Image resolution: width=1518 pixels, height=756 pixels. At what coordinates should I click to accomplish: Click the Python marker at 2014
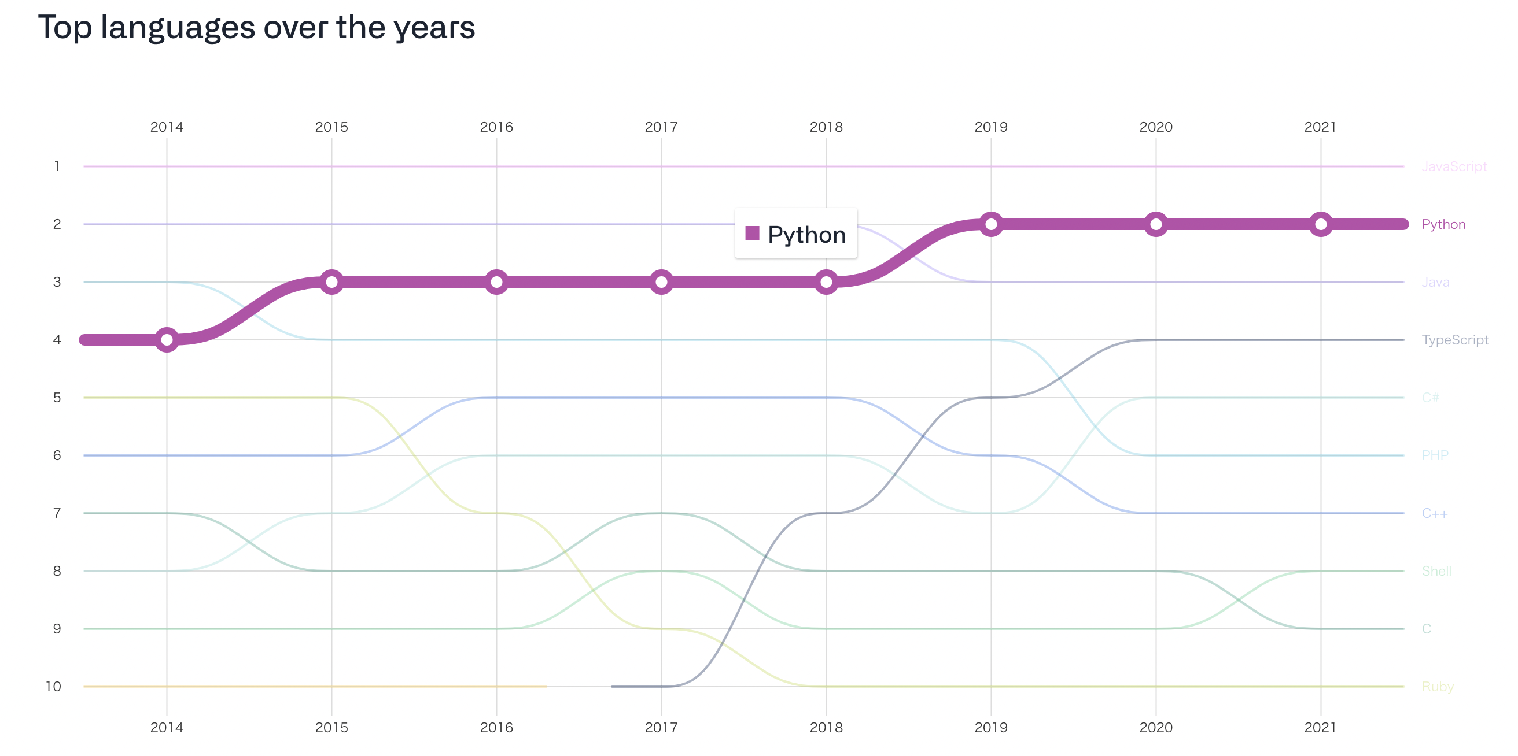[167, 340]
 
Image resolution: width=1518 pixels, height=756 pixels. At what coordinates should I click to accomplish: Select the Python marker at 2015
[331, 282]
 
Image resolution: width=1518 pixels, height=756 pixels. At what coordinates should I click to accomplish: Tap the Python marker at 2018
[826, 282]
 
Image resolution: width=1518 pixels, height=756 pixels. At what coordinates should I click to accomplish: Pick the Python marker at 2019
[991, 224]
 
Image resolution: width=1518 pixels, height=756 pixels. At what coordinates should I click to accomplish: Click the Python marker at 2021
[1321, 224]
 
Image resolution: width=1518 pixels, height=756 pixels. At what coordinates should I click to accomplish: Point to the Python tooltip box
[795, 234]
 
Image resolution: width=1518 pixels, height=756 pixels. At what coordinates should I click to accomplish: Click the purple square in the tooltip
[752, 233]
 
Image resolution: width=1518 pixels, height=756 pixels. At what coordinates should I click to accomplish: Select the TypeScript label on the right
[1454, 340]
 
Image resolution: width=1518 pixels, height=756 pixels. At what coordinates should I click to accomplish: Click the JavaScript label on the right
[1454, 166]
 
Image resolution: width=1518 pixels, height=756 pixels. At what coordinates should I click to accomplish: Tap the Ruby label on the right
[1437, 687]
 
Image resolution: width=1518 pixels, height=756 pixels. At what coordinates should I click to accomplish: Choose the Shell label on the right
[1436, 571]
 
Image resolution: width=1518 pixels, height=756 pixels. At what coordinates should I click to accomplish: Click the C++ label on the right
[1434, 513]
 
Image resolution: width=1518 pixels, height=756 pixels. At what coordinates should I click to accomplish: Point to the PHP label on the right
[1434, 455]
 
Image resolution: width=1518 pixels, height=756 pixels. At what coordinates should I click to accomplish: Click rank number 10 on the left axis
[54, 687]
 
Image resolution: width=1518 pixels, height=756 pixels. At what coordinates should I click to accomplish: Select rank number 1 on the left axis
[57, 166]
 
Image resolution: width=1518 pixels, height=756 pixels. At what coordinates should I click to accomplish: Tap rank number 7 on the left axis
[57, 513]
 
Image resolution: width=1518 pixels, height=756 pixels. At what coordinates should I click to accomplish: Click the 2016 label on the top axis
[496, 127]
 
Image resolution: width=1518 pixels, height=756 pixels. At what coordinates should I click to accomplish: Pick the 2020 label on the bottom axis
[1156, 728]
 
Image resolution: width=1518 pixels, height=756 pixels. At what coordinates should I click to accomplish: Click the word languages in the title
[178, 28]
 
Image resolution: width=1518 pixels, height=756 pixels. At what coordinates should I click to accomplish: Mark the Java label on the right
[1435, 282]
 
